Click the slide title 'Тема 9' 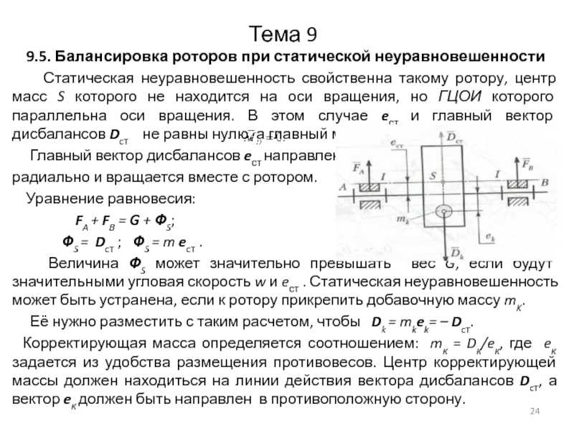(x=286, y=33)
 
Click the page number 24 (x=534, y=410)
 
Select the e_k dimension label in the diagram (x=490, y=234)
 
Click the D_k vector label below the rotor (x=456, y=253)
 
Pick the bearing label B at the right (x=545, y=182)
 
